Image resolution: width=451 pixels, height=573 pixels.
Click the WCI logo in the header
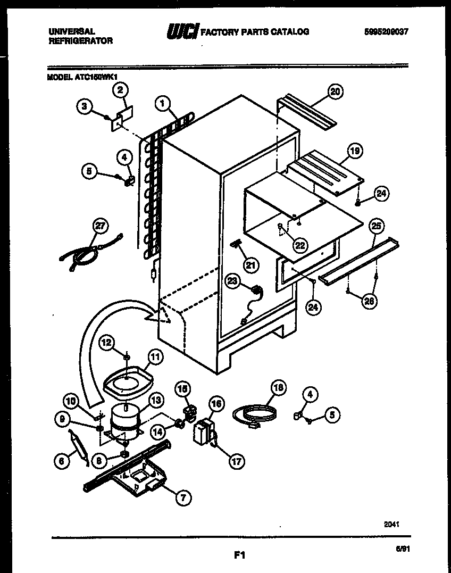182,32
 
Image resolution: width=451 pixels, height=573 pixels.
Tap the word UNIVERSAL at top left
72,32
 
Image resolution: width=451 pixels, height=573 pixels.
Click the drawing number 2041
391,524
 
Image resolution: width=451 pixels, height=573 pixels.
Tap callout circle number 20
334,92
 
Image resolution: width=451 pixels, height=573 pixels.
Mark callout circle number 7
183,497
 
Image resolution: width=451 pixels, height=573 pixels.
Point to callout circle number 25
376,226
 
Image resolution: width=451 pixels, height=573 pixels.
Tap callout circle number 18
276,388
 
